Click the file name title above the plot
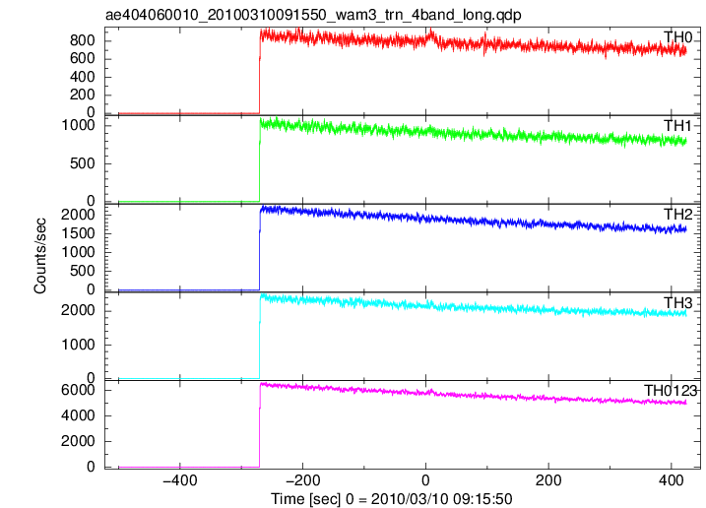tap(313, 16)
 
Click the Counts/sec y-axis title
tap(40, 256)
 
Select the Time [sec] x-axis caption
tap(392, 498)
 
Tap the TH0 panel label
tap(677, 37)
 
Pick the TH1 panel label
tap(677, 126)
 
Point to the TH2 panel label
tap(677, 215)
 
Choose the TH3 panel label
tap(677, 303)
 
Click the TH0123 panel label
tap(671, 391)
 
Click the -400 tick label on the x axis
tap(179, 480)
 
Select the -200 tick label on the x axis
tap(302, 480)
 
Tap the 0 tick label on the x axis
tap(425, 480)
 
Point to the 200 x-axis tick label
tap(548, 480)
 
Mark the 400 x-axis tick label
tap(672, 480)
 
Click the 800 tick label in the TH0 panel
tap(83, 40)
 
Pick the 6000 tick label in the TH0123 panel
tap(79, 390)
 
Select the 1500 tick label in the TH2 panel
tap(79, 233)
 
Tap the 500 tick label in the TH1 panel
tap(83, 163)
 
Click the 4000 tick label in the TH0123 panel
tap(79, 415)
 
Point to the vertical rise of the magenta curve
tap(260, 425)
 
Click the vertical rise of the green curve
tap(260, 159)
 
